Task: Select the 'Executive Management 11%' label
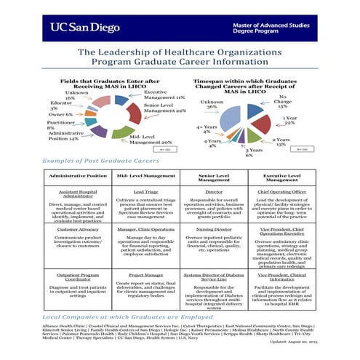tap(164, 95)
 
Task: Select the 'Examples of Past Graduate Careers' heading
tap(92, 159)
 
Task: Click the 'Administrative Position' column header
tap(77, 177)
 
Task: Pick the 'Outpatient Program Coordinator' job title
tap(77, 278)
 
